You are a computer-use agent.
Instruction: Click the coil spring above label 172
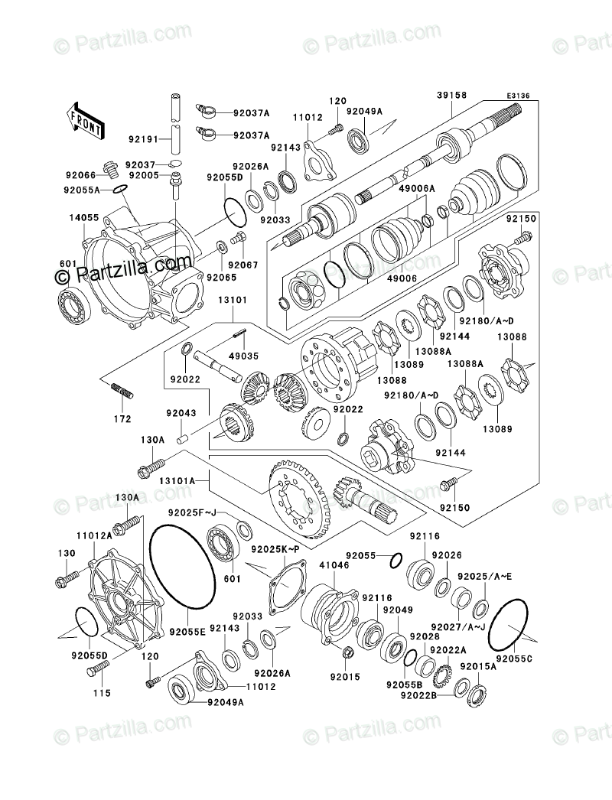[123, 391]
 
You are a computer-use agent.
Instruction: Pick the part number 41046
[330, 566]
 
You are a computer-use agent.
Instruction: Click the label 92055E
[188, 632]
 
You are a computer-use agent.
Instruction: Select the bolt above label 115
[98, 672]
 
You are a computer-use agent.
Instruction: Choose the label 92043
[182, 413]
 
